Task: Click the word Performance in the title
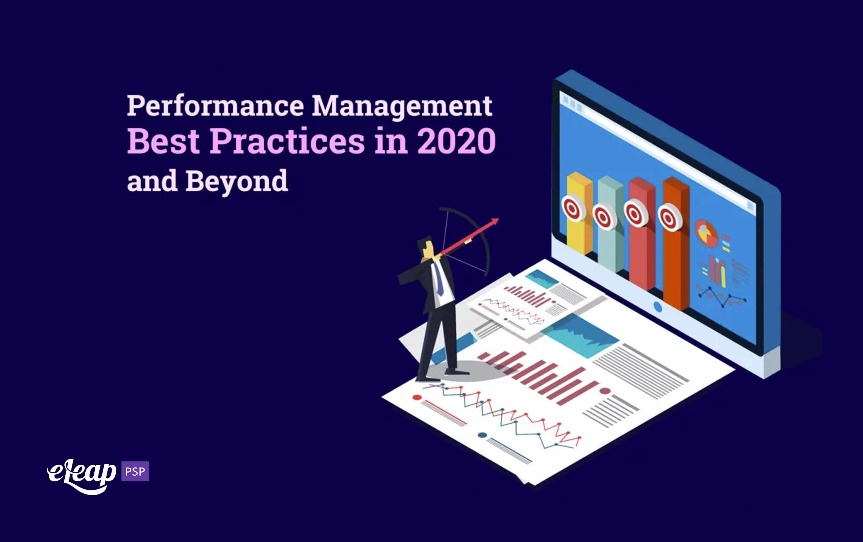215,106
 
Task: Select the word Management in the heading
402,107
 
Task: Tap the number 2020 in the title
456,141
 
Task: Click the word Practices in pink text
287,141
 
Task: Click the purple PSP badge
135,471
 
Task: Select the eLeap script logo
82,476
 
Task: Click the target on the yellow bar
573,208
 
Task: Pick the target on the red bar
636,214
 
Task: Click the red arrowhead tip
499,219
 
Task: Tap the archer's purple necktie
439,279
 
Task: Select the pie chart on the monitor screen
706,233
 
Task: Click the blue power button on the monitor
658,307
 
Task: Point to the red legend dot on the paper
417,397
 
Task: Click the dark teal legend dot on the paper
482,435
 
